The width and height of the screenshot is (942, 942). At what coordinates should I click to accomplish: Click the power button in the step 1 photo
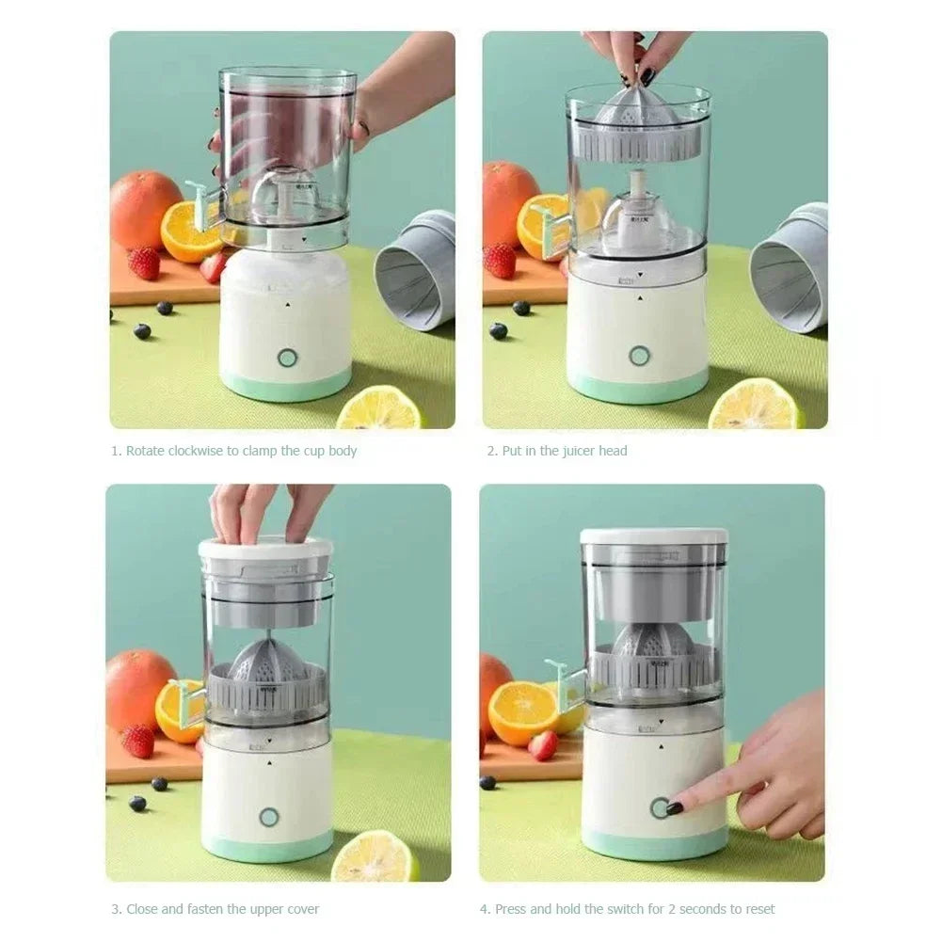[x=287, y=358]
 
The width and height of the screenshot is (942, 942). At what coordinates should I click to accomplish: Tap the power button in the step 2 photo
[x=640, y=356]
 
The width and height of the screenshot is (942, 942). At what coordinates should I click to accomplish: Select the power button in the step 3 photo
[x=269, y=817]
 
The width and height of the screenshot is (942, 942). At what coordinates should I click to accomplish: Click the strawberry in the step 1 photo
[x=144, y=263]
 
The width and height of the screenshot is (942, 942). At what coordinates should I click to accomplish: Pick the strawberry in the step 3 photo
[x=138, y=741]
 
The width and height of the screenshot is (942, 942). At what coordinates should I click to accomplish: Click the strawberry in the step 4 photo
[x=543, y=745]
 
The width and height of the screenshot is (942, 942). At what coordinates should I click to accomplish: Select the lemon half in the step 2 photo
[x=756, y=406]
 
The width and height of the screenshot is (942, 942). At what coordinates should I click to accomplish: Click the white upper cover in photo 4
[x=654, y=537]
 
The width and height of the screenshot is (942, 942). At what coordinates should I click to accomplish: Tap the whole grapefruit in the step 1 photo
[x=144, y=208]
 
